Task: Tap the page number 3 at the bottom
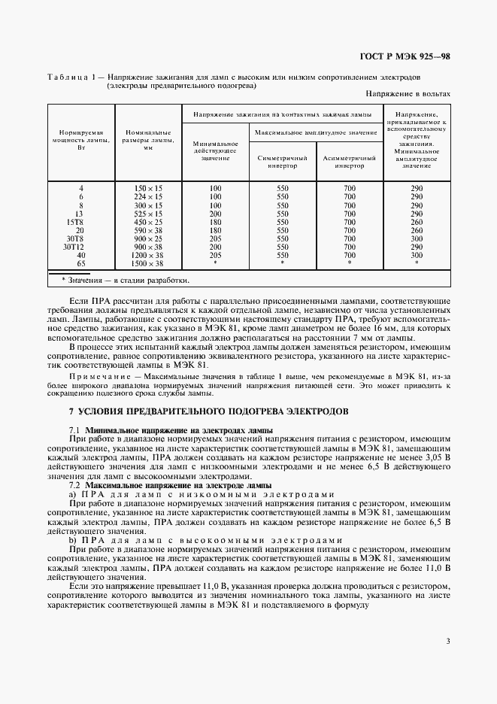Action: tap(447, 641)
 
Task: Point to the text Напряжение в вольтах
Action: tap(408, 94)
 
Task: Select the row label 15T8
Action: tap(74, 222)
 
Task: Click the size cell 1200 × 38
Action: tap(148, 255)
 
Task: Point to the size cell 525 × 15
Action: tap(148, 214)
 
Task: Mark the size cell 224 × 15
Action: tap(148, 196)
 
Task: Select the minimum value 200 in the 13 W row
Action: tap(216, 214)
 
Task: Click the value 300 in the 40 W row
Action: tap(417, 255)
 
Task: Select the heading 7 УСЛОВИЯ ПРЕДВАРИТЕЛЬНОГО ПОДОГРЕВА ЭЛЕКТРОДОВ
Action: tap(208, 412)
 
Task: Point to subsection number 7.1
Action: tap(74, 429)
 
